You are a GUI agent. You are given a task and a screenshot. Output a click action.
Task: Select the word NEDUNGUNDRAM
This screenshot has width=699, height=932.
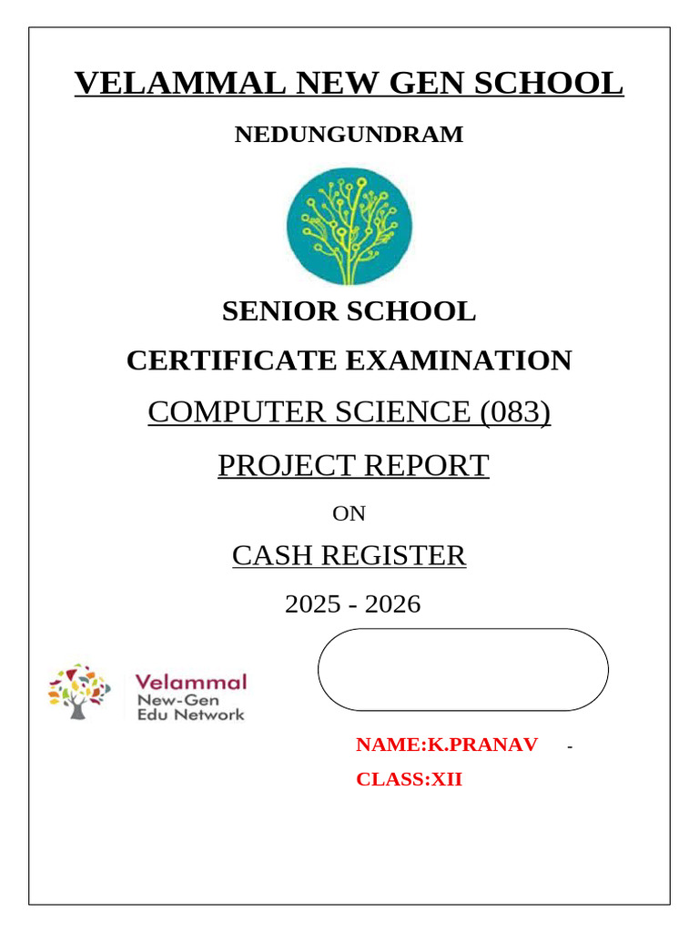tap(349, 135)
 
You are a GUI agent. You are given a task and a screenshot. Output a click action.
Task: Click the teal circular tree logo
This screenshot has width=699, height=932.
tap(349, 226)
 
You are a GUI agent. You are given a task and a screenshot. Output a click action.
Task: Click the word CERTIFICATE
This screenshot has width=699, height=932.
tap(231, 360)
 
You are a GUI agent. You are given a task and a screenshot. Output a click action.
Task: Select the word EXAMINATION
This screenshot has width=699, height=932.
tap(458, 360)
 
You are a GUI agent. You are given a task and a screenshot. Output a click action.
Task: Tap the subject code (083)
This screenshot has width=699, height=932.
tap(515, 412)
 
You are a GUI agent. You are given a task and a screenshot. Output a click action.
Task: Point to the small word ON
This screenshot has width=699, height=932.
tap(349, 514)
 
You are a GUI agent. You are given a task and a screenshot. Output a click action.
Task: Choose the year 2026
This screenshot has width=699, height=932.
tap(392, 603)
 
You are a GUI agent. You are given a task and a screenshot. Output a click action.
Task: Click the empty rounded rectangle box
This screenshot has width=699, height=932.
tap(462, 669)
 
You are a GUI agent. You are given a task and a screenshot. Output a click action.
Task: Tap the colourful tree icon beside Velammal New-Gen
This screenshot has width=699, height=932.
tap(79, 692)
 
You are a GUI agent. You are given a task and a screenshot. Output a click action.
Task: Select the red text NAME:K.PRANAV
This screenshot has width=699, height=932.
tap(446, 745)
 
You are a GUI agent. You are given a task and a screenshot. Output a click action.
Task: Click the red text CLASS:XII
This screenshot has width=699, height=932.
tap(409, 779)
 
